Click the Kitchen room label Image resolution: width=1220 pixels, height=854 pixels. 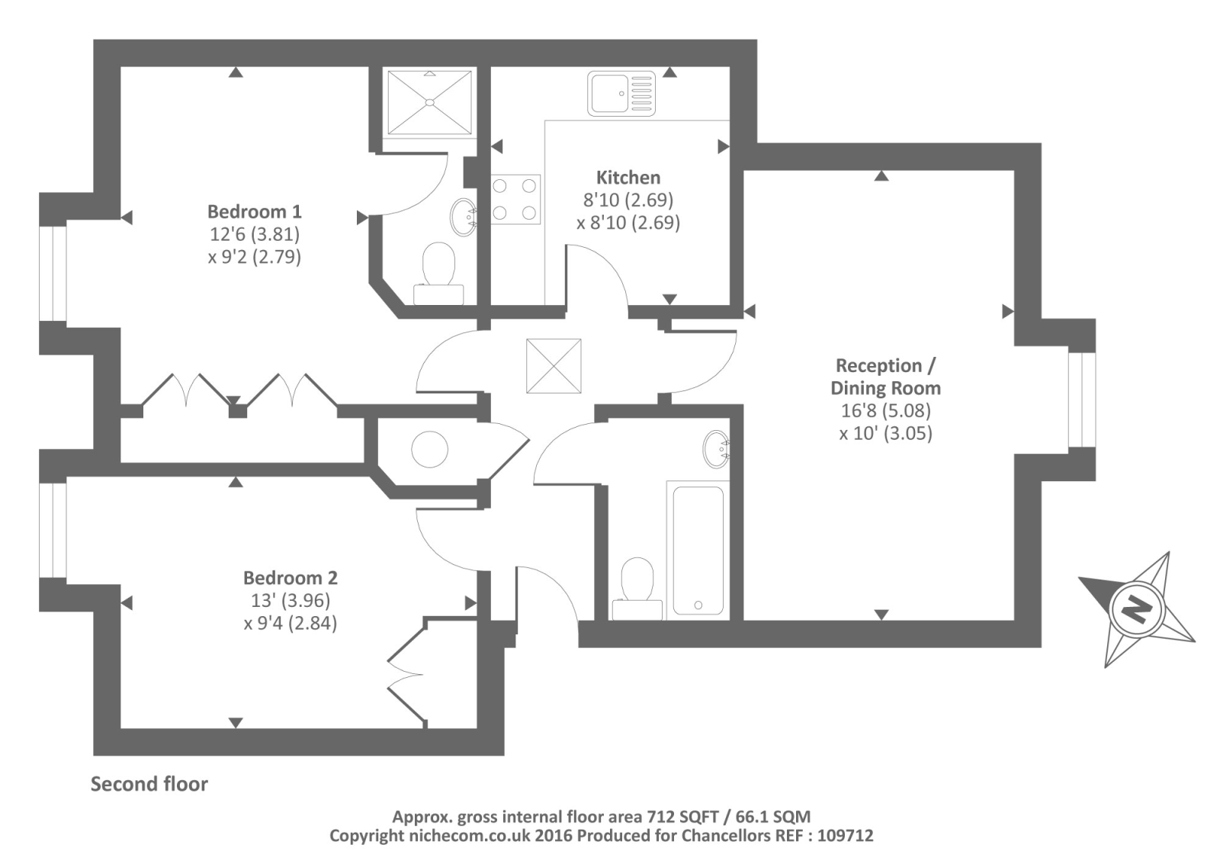pyautogui.click(x=628, y=178)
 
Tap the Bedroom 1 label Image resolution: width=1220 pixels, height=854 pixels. pyautogui.click(x=255, y=211)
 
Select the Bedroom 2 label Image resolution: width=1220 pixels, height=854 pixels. pyautogui.click(x=291, y=577)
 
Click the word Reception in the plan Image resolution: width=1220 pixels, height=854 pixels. pyautogui.click(x=878, y=365)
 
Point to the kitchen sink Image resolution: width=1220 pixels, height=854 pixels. pyautogui.click(x=621, y=94)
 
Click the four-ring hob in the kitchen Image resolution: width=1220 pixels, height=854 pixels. pyautogui.click(x=515, y=199)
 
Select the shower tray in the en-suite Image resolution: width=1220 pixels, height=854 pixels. pyautogui.click(x=430, y=102)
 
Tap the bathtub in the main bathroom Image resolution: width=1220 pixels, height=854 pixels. pyautogui.click(x=698, y=551)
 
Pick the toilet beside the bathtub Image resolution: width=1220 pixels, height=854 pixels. pyautogui.click(x=637, y=589)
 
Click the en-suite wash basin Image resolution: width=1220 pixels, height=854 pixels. pyautogui.click(x=464, y=217)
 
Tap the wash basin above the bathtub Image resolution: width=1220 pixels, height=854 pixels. pyautogui.click(x=716, y=449)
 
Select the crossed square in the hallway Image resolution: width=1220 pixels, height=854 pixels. pyautogui.click(x=554, y=366)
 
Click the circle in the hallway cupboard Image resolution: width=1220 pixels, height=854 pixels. pyautogui.click(x=430, y=449)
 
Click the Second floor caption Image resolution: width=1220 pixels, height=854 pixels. pyautogui.click(x=149, y=785)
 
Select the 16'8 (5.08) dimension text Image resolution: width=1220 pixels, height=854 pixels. pyautogui.click(x=885, y=410)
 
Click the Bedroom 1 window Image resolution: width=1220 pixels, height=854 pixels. pyautogui.click(x=53, y=274)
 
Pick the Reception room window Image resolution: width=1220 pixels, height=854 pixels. pyautogui.click(x=1082, y=400)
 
